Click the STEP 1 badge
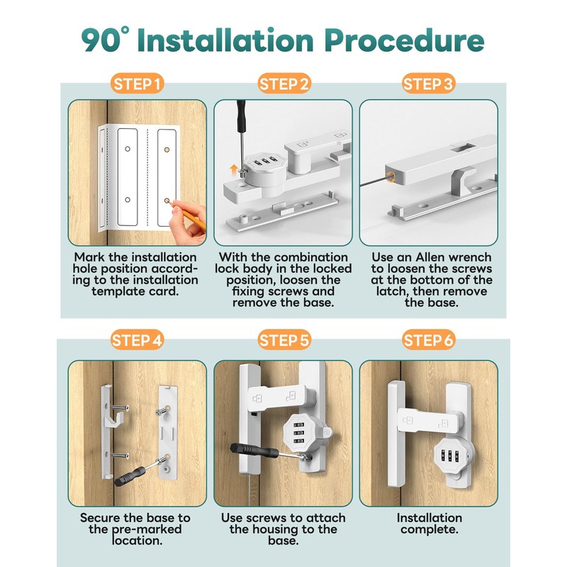pos(137,84)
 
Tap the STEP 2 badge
pos(284,84)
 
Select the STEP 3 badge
pos(428,84)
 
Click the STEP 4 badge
pos(137,340)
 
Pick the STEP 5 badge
pos(284,340)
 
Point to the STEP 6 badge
pos(428,340)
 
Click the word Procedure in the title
pos(404,40)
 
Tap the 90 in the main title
pos(101,40)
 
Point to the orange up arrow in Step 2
pos(234,169)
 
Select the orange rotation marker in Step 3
pos(391,176)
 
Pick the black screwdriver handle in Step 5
pos(254,451)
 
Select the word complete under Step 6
pos(430,529)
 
